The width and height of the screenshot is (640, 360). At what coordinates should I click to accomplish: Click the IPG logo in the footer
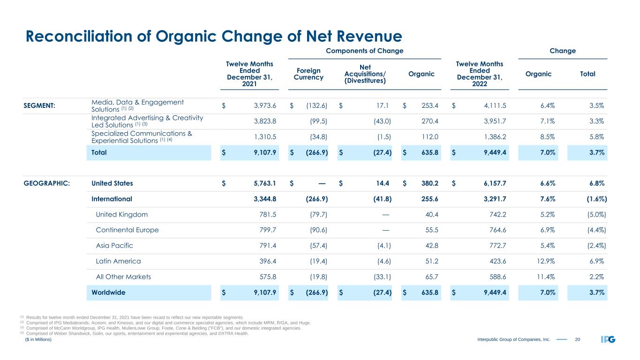pyautogui.click(x=608, y=339)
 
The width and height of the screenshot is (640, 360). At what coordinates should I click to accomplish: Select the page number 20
pyautogui.click(x=578, y=339)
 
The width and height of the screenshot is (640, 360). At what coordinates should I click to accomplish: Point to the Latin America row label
pyautogui.click(x=118, y=261)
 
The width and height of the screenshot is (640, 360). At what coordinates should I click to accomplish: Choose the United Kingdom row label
pyautogui.click(x=121, y=215)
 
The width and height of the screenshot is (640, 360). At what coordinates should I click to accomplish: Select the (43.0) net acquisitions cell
pyautogui.click(x=381, y=121)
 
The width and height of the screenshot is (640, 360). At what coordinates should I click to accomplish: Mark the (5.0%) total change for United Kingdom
pyautogui.click(x=593, y=215)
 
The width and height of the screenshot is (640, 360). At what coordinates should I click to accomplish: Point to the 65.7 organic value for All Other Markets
pyautogui.click(x=430, y=277)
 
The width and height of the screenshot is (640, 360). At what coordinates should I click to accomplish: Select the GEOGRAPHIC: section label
pyautogui.click(x=47, y=183)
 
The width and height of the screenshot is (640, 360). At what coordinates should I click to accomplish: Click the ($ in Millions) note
pyautogui.click(x=38, y=339)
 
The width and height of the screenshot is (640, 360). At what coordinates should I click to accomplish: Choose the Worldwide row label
pyautogui.click(x=108, y=292)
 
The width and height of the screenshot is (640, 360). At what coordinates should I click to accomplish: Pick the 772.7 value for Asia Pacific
pyautogui.click(x=499, y=246)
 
